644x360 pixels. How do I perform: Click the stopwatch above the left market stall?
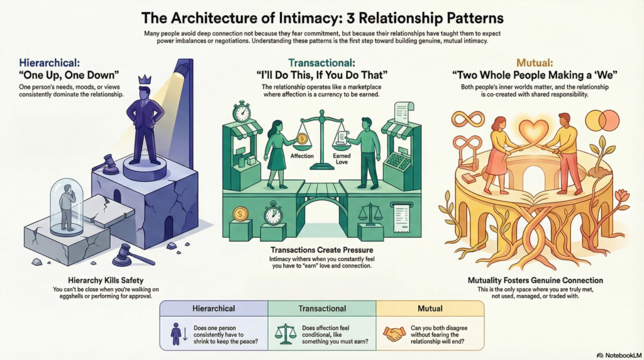point(242,112)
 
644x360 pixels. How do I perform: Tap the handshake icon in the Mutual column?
point(394,333)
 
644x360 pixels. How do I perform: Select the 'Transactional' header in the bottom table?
point(321,308)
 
